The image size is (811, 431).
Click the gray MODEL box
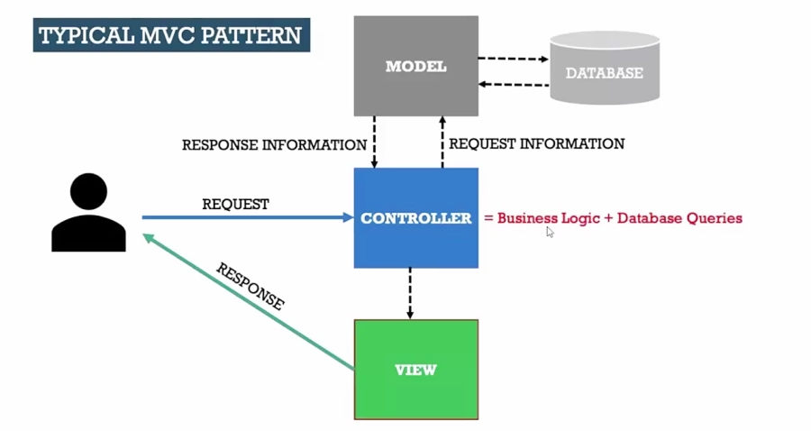pyautogui.click(x=415, y=66)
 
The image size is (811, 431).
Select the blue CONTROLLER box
pyautogui.click(x=415, y=218)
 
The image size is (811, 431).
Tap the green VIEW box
pyautogui.click(x=415, y=370)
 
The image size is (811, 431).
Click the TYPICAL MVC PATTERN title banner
pyautogui.click(x=171, y=36)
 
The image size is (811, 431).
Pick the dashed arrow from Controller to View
pyautogui.click(x=410, y=293)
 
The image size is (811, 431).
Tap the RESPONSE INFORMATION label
pyautogui.click(x=274, y=144)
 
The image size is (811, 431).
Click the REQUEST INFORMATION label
pyautogui.click(x=536, y=143)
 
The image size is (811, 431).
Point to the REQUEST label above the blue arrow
pyautogui.click(x=235, y=205)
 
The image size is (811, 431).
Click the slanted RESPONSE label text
pyautogui.click(x=250, y=287)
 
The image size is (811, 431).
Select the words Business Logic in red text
pyautogui.click(x=548, y=218)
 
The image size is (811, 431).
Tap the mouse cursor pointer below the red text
pyautogui.click(x=550, y=232)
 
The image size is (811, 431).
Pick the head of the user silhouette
pyautogui.click(x=88, y=191)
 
